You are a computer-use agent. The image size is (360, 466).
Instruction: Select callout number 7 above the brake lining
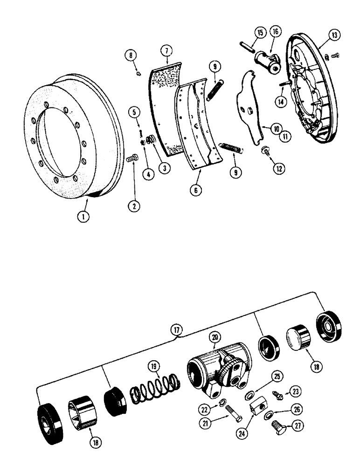point(166,51)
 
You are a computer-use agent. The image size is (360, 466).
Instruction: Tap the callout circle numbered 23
point(293,391)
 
